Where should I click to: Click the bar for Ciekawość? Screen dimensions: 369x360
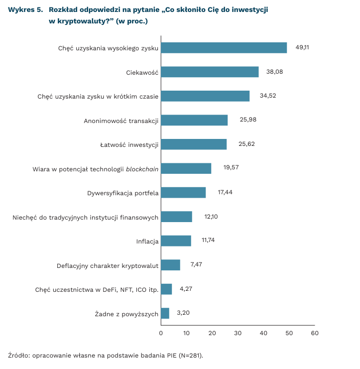(210, 72)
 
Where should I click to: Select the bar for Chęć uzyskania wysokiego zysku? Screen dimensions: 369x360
(224, 47)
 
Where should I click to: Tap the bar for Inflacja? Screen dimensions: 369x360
(176, 241)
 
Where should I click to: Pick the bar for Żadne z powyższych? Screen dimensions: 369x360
(165, 313)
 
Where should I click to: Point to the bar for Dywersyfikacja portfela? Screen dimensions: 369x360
(183, 193)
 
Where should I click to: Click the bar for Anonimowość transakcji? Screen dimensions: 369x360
(194, 120)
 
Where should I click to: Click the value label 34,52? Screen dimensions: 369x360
(268, 96)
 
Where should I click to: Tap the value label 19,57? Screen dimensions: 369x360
(231, 167)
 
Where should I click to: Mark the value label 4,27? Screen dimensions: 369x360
(186, 288)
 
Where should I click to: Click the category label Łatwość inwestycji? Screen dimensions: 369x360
(129, 144)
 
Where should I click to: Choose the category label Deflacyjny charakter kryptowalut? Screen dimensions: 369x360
(108, 265)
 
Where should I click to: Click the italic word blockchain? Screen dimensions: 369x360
(142, 169)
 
